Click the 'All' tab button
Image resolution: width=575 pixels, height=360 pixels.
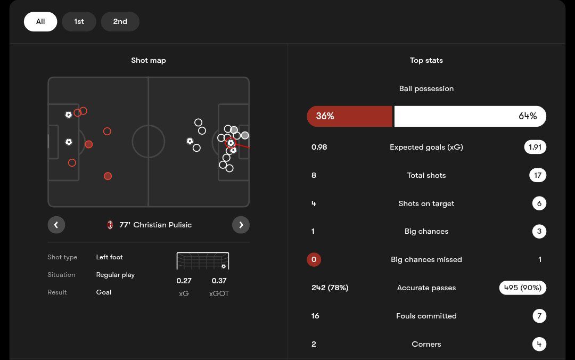pyautogui.click(x=40, y=22)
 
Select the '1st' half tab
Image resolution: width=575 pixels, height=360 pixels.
pyautogui.click(x=79, y=22)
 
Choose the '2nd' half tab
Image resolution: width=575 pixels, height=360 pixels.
pyautogui.click(x=120, y=22)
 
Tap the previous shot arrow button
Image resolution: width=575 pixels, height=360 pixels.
pyautogui.click(x=56, y=225)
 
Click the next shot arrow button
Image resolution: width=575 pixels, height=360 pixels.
pyautogui.click(x=241, y=225)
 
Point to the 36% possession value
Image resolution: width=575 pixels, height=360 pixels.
pyautogui.click(x=325, y=116)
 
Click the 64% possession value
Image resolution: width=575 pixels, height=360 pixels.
pyautogui.click(x=528, y=116)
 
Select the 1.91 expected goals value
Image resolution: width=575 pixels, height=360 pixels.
pyautogui.click(x=535, y=147)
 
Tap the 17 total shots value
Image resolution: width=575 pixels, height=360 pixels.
pyautogui.click(x=538, y=175)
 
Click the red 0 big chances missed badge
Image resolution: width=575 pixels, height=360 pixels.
pyautogui.click(x=314, y=259)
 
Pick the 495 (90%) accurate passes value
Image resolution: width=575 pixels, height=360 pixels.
pyautogui.click(x=522, y=288)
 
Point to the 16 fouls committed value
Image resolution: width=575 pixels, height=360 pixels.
pyautogui.click(x=315, y=316)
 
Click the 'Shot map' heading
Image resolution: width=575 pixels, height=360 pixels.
pyautogui.click(x=149, y=61)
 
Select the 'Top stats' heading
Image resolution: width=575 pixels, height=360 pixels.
pyautogui.click(x=426, y=61)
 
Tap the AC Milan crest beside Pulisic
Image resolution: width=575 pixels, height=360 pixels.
pyautogui.click(x=110, y=225)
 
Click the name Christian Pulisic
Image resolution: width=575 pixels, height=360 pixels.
pyautogui.click(x=162, y=225)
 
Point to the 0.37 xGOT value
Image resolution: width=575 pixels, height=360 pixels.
pyautogui.click(x=219, y=281)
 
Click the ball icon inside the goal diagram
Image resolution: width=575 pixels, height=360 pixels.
pyautogui.click(x=224, y=266)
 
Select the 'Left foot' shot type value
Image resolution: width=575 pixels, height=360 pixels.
pyautogui.click(x=109, y=257)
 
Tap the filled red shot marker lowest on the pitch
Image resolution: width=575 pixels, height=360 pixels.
pyautogui.click(x=108, y=176)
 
